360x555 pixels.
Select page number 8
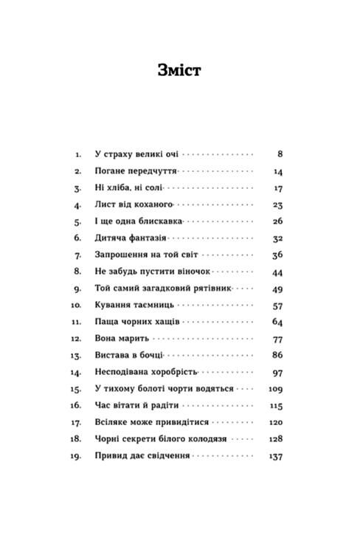coord(280,154)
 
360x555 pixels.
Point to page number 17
coord(278,187)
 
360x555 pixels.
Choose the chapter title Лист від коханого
coord(134,204)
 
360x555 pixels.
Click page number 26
coord(278,221)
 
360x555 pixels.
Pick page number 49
coord(278,289)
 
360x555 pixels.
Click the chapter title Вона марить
coord(122,339)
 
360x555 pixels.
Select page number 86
coord(278,356)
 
